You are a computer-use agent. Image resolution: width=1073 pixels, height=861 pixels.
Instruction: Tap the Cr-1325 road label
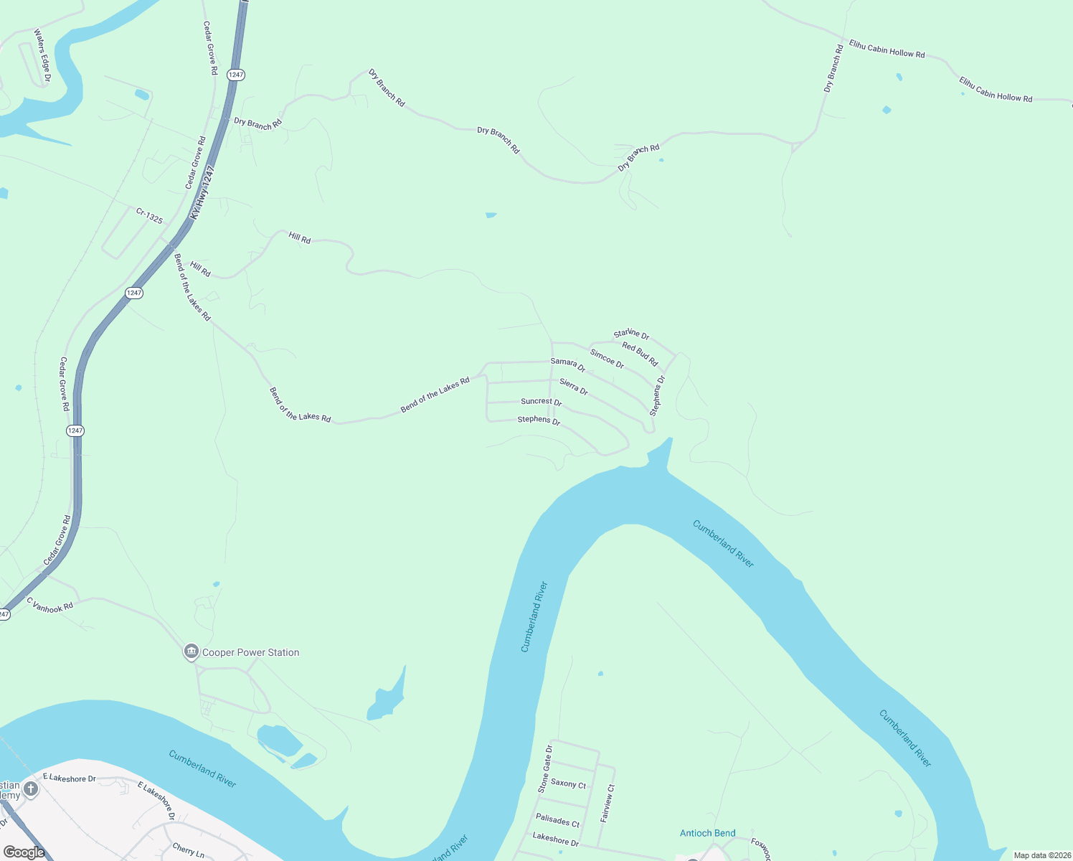click(149, 215)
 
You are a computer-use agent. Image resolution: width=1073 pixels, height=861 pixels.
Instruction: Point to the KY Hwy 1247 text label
click(203, 192)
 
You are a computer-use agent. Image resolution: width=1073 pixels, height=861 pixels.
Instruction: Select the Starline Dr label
click(631, 334)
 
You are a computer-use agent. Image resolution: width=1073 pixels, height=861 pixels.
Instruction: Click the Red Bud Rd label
click(640, 354)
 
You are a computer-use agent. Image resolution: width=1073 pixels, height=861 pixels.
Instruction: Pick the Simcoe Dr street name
click(607, 359)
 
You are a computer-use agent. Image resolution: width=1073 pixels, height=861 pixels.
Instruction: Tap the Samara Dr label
click(568, 365)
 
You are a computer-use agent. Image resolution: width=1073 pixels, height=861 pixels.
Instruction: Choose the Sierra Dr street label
click(574, 387)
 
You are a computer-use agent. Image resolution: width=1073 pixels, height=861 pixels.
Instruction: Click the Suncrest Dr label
click(541, 402)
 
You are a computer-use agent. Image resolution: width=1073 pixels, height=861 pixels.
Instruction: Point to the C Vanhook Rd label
click(50, 606)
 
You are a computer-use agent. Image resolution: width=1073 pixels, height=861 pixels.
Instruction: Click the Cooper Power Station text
click(250, 652)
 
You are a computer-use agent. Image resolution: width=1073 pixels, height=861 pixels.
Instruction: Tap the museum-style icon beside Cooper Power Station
click(191, 651)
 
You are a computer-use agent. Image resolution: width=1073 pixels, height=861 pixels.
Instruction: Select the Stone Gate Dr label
click(545, 768)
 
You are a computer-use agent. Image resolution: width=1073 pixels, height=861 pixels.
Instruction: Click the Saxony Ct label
click(568, 784)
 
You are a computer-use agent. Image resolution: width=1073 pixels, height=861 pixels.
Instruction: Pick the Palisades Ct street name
click(557, 819)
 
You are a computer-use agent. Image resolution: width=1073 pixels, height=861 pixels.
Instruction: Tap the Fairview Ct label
click(608, 803)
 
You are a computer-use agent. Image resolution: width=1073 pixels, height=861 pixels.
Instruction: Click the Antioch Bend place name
click(707, 833)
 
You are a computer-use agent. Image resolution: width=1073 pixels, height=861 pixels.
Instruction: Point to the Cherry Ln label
click(188, 851)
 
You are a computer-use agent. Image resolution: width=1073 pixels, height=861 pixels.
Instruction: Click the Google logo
click(24, 852)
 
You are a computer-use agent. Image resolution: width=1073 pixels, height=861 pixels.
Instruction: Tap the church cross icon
click(30, 789)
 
